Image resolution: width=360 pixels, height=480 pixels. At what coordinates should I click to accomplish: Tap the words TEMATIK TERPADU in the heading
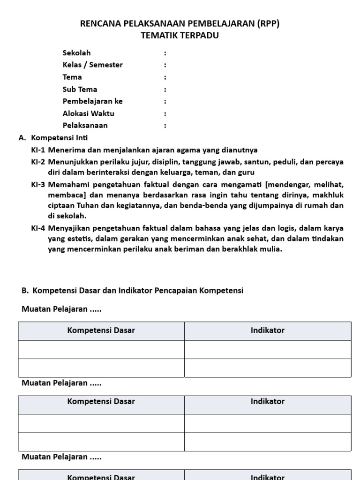(180, 36)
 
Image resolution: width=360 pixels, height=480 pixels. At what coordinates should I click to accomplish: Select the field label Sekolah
(76, 52)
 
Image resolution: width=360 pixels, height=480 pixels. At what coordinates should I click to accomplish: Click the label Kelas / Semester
(92, 65)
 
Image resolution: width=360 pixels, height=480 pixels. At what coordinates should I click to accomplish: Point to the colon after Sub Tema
(165, 89)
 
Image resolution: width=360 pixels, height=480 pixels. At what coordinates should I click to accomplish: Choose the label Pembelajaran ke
(92, 101)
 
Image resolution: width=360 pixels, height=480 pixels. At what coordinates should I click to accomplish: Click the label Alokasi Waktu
(88, 113)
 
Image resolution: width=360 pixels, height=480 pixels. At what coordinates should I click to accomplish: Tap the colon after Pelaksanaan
(165, 126)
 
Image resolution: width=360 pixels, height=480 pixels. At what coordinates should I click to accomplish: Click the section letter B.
(25, 291)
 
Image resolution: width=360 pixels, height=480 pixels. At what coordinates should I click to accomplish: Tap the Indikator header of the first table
(268, 330)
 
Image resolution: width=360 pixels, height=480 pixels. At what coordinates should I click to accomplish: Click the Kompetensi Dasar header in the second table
(101, 401)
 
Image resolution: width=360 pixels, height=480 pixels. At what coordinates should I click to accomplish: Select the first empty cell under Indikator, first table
(268, 349)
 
